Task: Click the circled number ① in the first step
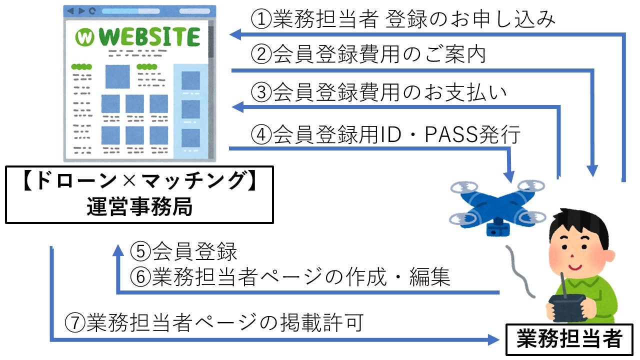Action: pyautogui.click(x=261, y=19)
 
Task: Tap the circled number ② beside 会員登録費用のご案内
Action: pyautogui.click(x=261, y=54)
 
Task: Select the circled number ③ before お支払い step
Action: pyautogui.click(x=261, y=92)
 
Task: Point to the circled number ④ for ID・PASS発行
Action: pyautogui.click(x=261, y=134)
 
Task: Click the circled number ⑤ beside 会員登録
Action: pyautogui.click(x=140, y=251)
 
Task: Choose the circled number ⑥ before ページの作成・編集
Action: pyautogui.click(x=140, y=276)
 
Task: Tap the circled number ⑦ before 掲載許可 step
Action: pyautogui.click(x=75, y=322)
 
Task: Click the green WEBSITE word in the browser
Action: pyautogui.click(x=149, y=36)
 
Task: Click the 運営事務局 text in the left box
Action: pyautogui.click(x=139, y=206)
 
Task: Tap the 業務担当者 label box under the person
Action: pyautogui.click(x=569, y=339)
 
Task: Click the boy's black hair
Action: pyautogui.click(x=580, y=225)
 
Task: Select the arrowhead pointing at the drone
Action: pyautogui.click(x=509, y=176)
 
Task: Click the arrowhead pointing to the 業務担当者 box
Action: pyautogui.click(x=493, y=339)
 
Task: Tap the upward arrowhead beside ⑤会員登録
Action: pyautogui.click(x=118, y=250)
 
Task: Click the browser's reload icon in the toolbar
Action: pyautogui.click(x=92, y=11)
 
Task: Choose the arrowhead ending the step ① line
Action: pyautogui.click(x=235, y=34)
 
